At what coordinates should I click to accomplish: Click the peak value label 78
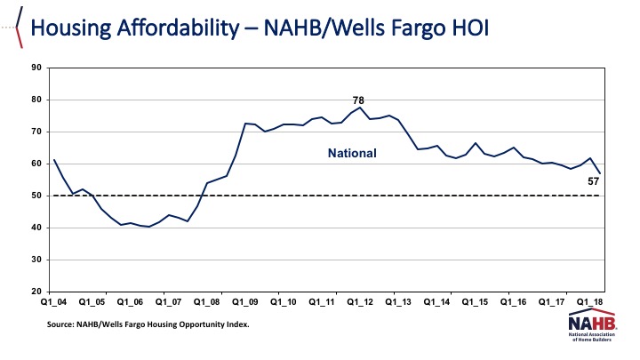tap(360, 101)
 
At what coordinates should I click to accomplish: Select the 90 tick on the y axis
tap(37, 68)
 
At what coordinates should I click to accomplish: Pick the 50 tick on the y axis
tap(37, 196)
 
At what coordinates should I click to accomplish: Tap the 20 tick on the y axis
tap(37, 292)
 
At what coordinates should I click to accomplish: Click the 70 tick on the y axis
tap(37, 132)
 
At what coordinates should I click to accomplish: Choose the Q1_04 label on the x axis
tap(54, 301)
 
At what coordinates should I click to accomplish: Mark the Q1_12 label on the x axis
tap(359, 301)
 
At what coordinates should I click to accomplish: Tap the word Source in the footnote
tap(64, 324)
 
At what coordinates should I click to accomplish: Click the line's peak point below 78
tap(360, 108)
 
